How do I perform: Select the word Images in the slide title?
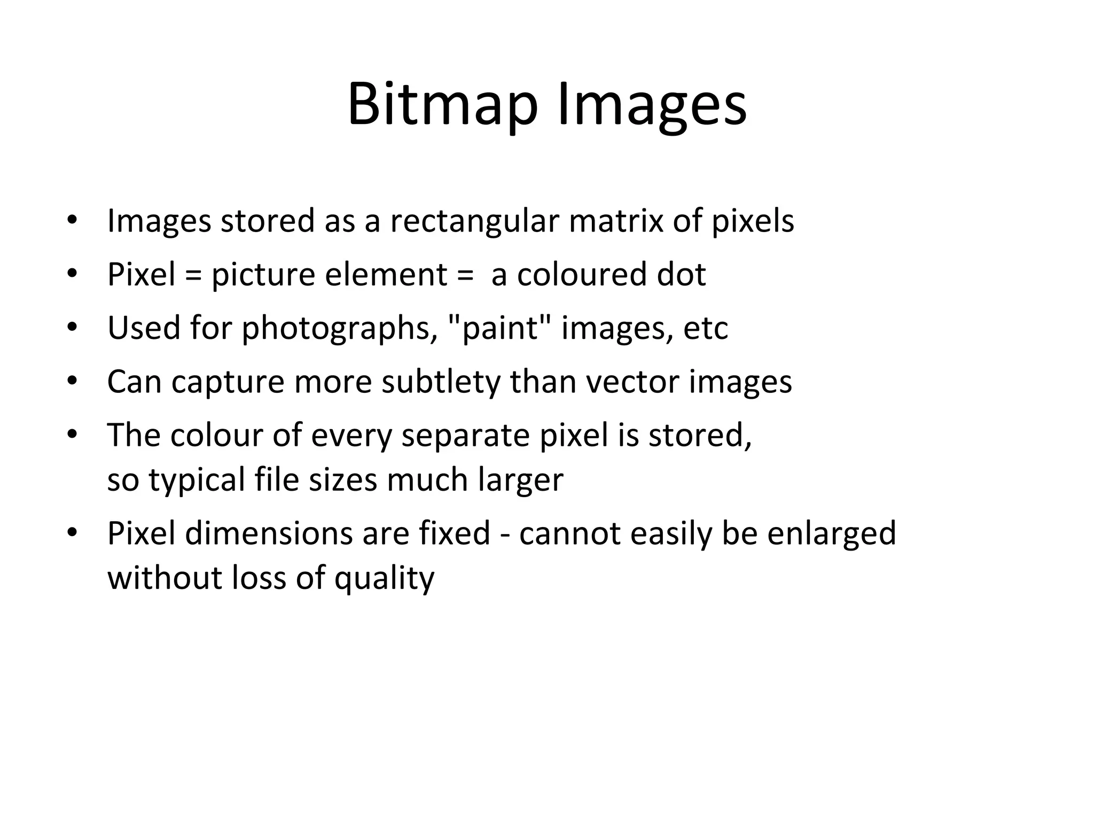(x=652, y=105)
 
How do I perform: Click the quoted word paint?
(x=499, y=328)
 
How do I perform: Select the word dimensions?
(x=269, y=533)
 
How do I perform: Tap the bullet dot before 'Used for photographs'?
(x=72, y=327)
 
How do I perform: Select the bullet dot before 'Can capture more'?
(x=72, y=381)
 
